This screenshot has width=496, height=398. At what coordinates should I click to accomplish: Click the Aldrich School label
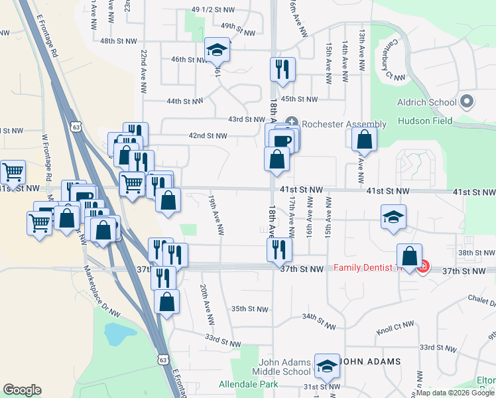point(428,102)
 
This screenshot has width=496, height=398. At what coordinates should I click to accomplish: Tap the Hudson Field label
point(425,121)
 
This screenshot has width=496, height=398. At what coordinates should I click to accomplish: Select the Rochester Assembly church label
point(343,124)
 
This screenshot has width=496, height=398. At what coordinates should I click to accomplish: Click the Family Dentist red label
point(368,268)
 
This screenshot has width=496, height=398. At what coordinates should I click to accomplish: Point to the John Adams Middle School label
point(277,367)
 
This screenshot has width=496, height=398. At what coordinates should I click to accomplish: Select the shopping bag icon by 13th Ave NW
point(364,139)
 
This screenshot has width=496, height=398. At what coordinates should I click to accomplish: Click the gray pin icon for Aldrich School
point(467,102)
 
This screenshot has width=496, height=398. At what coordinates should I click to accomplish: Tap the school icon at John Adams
point(326,365)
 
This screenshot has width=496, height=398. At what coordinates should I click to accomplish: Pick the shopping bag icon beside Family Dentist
point(410,255)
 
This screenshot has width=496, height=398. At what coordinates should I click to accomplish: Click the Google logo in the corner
point(23,390)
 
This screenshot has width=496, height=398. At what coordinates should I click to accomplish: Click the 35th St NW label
point(249,309)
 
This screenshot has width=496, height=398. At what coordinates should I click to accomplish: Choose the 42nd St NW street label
point(208,135)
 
